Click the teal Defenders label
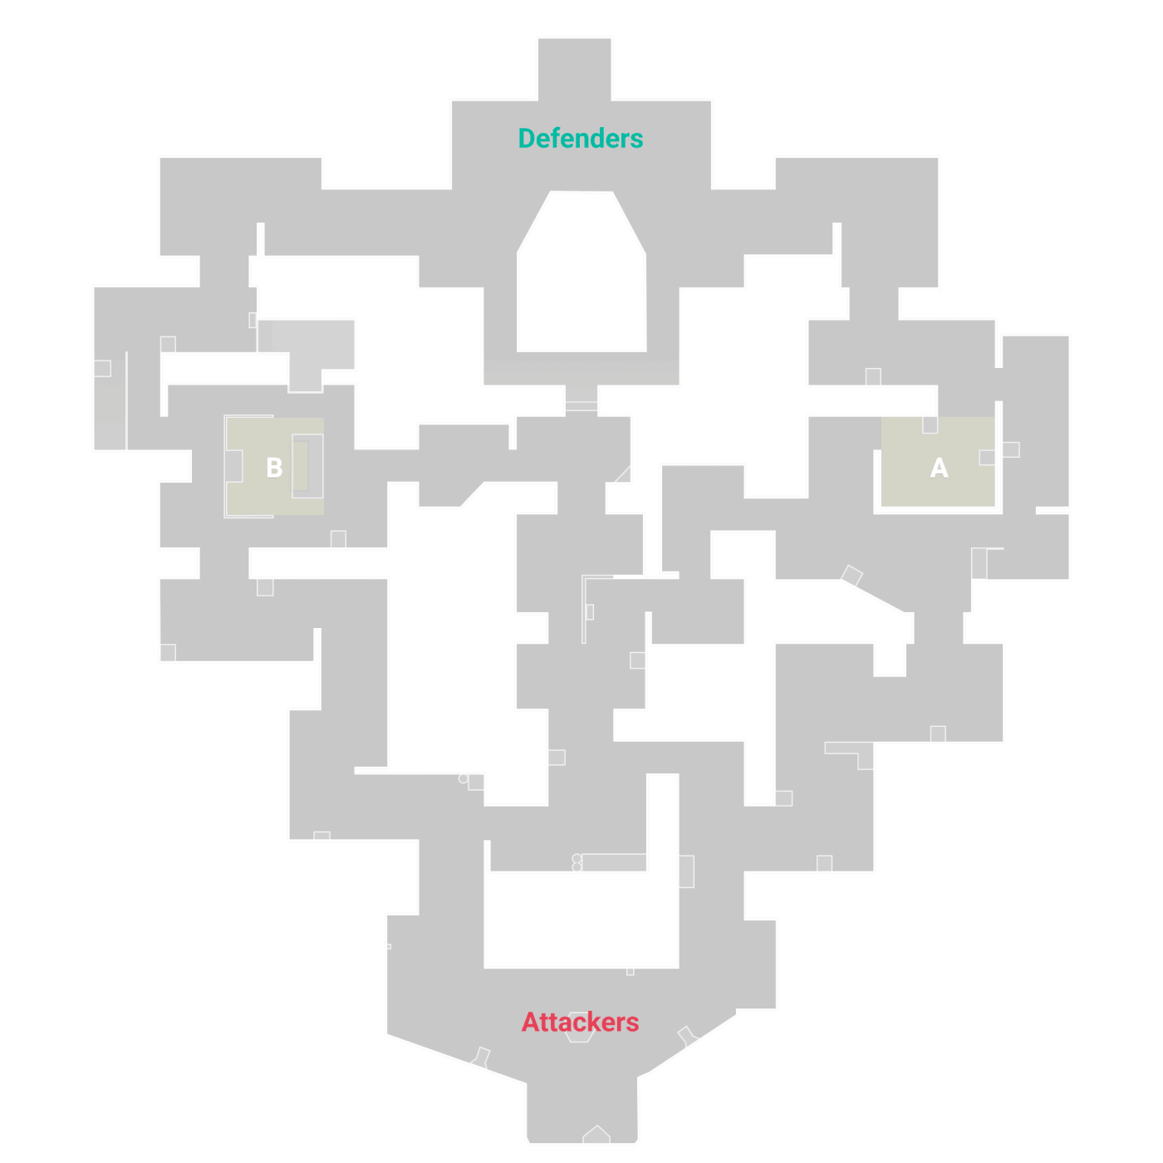(x=581, y=139)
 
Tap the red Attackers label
(x=581, y=1022)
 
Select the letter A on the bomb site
(x=939, y=468)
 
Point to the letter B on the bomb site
(x=274, y=468)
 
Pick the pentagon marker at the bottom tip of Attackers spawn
(x=596, y=1135)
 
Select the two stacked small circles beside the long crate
(x=577, y=862)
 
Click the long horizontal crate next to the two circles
(x=614, y=862)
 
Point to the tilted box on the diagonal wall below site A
(x=851, y=575)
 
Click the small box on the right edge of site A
(x=987, y=458)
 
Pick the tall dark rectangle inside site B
(x=300, y=465)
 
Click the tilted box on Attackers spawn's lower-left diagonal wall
(x=481, y=1057)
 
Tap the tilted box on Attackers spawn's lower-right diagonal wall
(x=686, y=1036)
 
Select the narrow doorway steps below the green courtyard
(x=581, y=400)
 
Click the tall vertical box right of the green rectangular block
(x=686, y=871)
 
